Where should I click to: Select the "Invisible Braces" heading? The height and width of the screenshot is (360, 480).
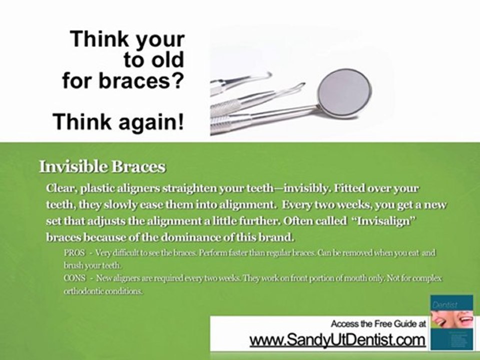coord(102,167)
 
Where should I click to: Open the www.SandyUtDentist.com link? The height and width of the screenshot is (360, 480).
coord(337,340)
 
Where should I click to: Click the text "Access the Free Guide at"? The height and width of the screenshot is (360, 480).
coord(378,323)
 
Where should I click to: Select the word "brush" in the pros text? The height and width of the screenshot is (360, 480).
coord(73,265)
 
